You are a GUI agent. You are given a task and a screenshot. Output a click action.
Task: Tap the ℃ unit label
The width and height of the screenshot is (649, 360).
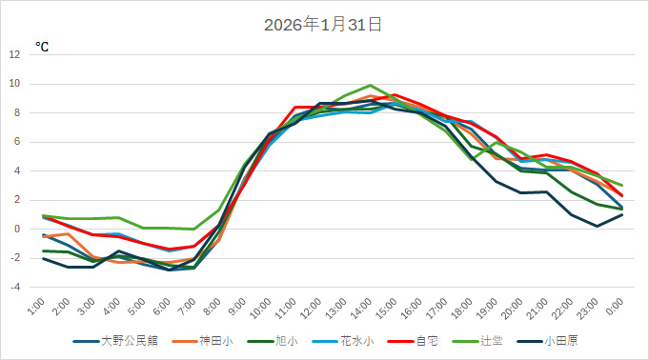(x=42, y=47)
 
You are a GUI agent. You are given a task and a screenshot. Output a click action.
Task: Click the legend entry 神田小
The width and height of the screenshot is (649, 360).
(x=215, y=339)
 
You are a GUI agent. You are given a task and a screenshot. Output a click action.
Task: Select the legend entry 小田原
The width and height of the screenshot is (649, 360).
(x=562, y=339)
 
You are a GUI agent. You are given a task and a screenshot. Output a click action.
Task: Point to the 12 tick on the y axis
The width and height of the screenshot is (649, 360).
(x=14, y=54)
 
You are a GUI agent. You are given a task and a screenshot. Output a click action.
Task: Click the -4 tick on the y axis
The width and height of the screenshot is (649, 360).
(x=15, y=287)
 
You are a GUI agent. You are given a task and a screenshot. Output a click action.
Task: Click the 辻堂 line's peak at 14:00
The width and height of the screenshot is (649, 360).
(x=371, y=85)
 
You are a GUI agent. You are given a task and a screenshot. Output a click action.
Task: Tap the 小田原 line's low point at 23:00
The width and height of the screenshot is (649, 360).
(x=597, y=226)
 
